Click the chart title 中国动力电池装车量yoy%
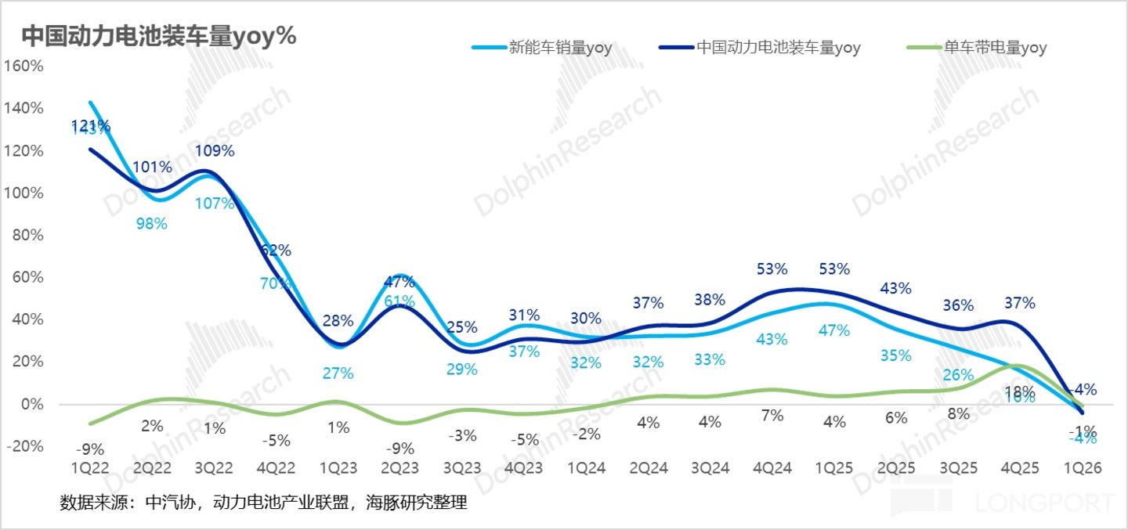pos(157,36)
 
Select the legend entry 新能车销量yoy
pos(560,48)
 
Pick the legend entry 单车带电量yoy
pos(995,48)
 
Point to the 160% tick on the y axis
pos(25,66)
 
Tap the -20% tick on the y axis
pos(25,446)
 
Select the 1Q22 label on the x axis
pos(89,468)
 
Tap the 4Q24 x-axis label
pos(772,468)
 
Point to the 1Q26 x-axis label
pos(1082,468)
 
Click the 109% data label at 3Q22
pos(214,151)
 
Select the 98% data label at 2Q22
pos(151,224)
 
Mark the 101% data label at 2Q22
pos(151,167)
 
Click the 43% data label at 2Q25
pos(896,288)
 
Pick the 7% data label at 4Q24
pos(772,416)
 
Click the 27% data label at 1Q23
pos(338,373)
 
